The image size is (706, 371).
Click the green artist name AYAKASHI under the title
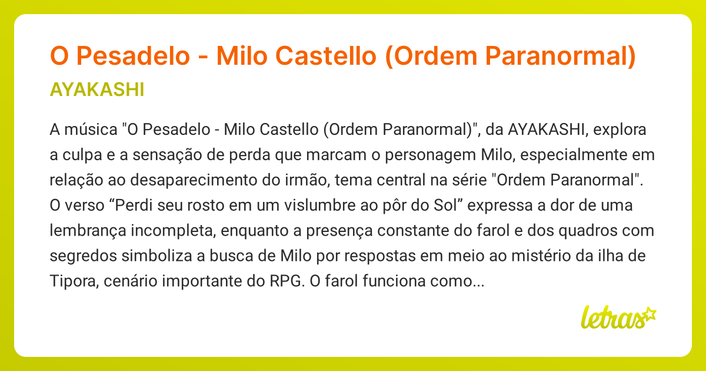coord(97,90)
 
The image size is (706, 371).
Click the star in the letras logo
coord(649,314)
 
